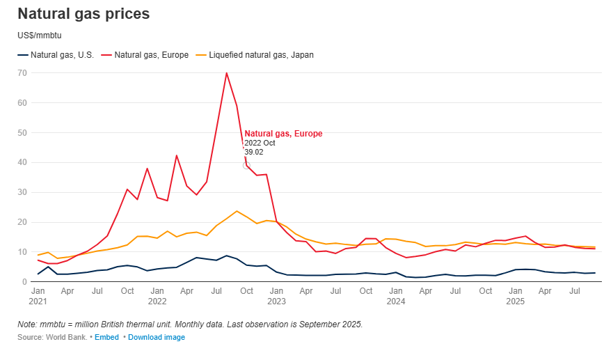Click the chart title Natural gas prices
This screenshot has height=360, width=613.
pos(83,14)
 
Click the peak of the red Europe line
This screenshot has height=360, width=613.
pos(226,73)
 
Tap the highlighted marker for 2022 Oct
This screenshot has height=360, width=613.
pos(246,166)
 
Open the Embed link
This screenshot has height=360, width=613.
pos(106,337)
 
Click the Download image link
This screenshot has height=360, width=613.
pos(157,337)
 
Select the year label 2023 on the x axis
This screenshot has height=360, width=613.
pos(276,301)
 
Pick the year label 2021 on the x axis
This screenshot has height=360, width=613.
pos(38,301)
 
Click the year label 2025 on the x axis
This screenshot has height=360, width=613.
pos(515,301)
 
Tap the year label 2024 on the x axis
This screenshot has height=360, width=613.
pos(396,301)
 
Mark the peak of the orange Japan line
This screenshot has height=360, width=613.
pos(237,211)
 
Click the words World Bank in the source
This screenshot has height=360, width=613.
pos(67,337)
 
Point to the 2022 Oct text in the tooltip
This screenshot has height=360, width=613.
pos(260,143)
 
